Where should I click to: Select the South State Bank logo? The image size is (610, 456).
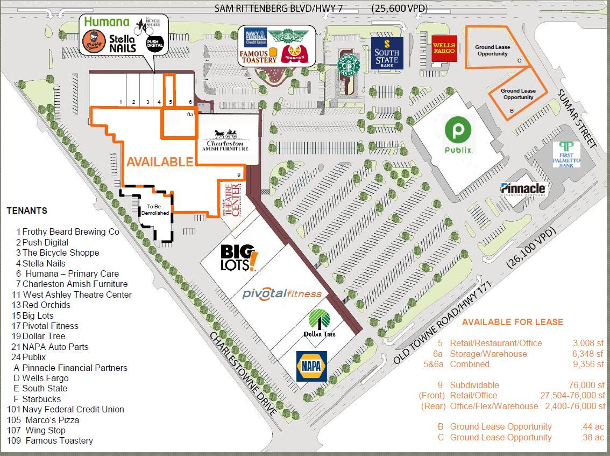pyautogui.click(x=387, y=53)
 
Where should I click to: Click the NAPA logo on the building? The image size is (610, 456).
pyautogui.click(x=311, y=367)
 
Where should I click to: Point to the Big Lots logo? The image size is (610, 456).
pyautogui.click(x=239, y=257)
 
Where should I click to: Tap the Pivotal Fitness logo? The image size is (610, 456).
pyautogui.click(x=282, y=293)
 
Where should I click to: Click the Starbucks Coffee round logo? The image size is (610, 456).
pyautogui.click(x=348, y=65)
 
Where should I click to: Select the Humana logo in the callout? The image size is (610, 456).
pyautogui.click(x=107, y=22)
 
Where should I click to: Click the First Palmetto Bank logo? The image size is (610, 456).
pyautogui.click(x=566, y=155)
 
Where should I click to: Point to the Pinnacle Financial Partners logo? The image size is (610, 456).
pyautogui.click(x=523, y=189)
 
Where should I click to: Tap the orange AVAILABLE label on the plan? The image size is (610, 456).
pyautogui.click(x=159, y=162)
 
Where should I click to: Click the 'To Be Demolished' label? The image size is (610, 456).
pyautogui.click(x=154, y=209)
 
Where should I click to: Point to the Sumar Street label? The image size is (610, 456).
pyautogui.click(x=578, y=118)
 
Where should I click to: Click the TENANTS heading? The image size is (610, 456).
pyautogui.click(x=27, y=211)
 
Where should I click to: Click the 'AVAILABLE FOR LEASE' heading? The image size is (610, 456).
pyautogui.click(x=513, y=322)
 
